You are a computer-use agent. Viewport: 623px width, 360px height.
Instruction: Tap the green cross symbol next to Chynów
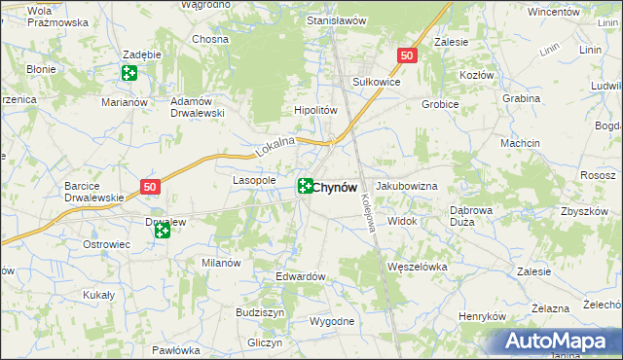point(305,186)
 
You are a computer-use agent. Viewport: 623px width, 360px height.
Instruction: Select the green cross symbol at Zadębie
point(129,72)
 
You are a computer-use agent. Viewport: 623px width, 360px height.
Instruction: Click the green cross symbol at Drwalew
point(162,231)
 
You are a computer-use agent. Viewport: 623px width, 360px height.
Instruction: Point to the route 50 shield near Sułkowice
point(408,57)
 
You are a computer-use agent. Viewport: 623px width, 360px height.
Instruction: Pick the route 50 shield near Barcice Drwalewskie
point(149,187)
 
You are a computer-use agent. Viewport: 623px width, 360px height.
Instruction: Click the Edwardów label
point(300,276)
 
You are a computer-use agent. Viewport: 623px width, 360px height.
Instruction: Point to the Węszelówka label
point(417,266)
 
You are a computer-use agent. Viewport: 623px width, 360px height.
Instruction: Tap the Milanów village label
point(221,263)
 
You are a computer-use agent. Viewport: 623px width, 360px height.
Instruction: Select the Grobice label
point(440,103)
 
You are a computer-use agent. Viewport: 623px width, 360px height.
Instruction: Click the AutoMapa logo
point(559,342)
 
